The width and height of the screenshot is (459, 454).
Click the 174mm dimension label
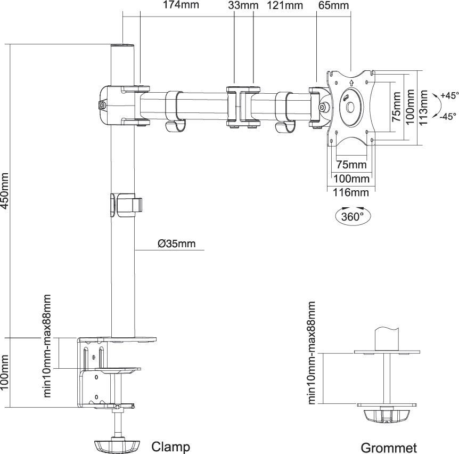(x=181, y=5)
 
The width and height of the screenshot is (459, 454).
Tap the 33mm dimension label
(x=243, y=5)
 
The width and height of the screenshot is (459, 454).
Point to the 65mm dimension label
(x=334, y=5)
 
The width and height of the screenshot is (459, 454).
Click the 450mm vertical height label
(x=5, y=191)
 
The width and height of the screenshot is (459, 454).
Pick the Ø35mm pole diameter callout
(x=177, y=244)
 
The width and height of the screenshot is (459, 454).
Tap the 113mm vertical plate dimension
(x=423, y=107)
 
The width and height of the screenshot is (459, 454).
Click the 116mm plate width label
(x=351, y=192)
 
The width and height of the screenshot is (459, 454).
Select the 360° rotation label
(x=353, y=216)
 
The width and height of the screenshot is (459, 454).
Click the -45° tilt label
(x=448, y=116)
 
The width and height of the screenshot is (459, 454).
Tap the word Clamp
(x=171, y=447)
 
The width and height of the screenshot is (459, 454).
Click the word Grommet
(x=389, y=448)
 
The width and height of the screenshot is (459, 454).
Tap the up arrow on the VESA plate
(x=351, y=82)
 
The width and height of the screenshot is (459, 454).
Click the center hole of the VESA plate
(x=350, y=107)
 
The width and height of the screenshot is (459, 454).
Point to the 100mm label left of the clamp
(x=5, y=372)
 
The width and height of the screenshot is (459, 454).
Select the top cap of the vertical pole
(x=122, y=46)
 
